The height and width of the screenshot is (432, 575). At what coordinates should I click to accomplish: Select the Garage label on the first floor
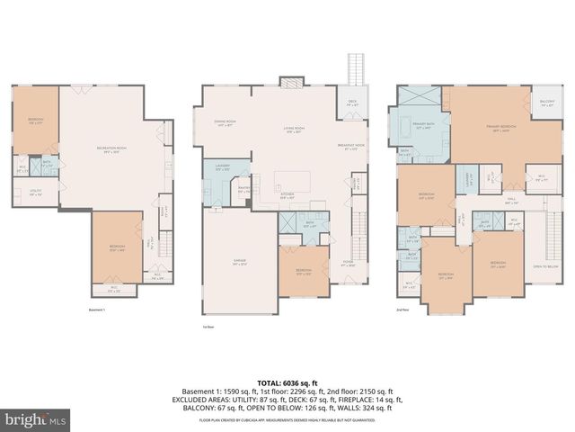point(240,262)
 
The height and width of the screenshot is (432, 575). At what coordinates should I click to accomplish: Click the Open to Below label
point(545,266)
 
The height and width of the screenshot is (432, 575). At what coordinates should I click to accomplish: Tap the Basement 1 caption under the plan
point(97,309)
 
